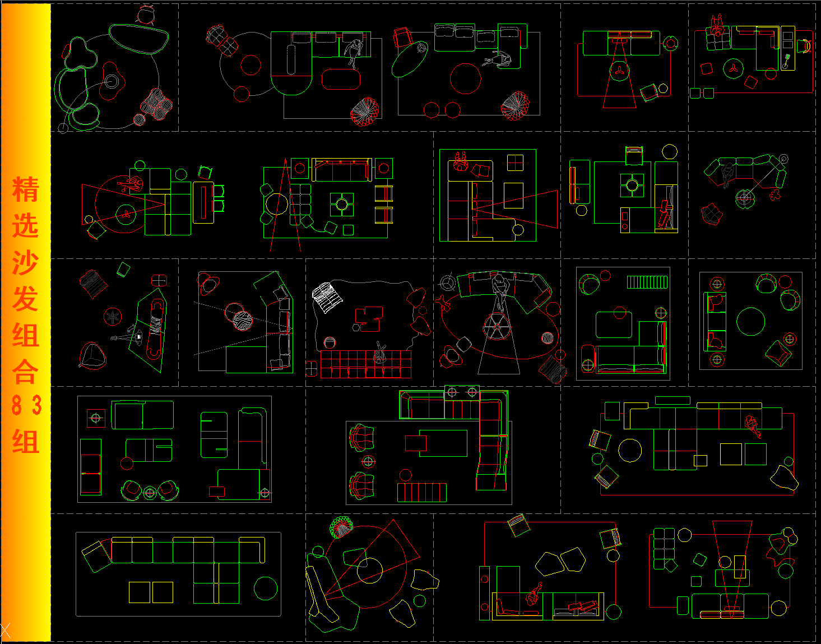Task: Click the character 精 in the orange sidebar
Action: coord(25,189)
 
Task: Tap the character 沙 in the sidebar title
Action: coord(25,262)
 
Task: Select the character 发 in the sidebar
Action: coord(25,298)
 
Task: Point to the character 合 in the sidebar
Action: coord(25,372)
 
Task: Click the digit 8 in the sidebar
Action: coord(17,405)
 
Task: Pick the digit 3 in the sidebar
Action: coord(36,405)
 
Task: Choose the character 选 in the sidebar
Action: coord(25,225)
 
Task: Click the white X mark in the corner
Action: coord(5,631)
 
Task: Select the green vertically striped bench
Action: coord(647,282)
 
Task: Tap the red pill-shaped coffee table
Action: coord(341,79)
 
